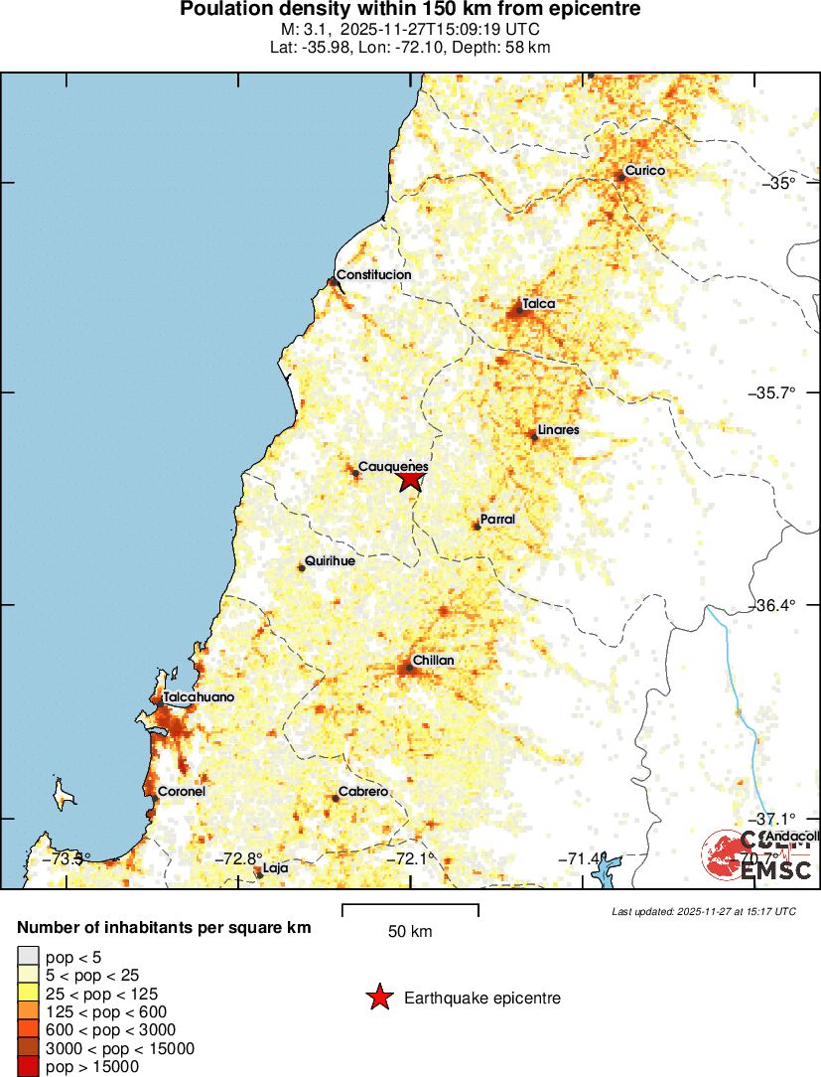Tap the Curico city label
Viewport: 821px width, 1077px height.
pos(644,171)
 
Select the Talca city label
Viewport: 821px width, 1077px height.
pos(538,304)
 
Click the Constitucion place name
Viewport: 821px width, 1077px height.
pos(373,275)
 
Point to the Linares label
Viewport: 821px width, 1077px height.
pos(558,430)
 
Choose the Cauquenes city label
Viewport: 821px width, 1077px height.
pos(392,466)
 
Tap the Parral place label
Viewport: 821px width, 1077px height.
pos(497,520)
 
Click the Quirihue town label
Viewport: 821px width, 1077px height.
pos(330,560)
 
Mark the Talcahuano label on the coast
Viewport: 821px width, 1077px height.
pos(199,697)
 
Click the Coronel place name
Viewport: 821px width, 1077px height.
pos(181,792)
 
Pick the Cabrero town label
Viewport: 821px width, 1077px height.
pos(362,792)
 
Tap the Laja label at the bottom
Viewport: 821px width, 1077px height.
pos(276,867)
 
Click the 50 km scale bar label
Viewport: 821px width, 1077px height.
pos(410,932)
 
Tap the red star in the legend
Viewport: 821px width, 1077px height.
pos(378,998)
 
